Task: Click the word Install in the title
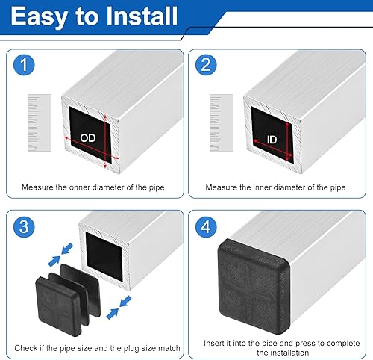click(x=142, y=16)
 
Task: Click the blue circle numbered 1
click(x=24, y=65)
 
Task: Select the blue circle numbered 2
click(x=206, y=65)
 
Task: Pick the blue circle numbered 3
click(x=24, y=227)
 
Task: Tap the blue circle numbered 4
click(x=206, y=227)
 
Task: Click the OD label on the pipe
click(x=88, y=138)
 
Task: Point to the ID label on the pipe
click(x=272, y=140)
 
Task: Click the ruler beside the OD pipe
click(x=40, y=122)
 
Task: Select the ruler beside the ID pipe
click(x=222, y=122)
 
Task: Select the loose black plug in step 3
click(x=67, y=299)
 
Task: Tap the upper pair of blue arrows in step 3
click(x=60, y=255)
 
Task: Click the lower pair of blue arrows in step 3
click(x=119, y=308)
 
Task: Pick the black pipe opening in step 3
click(x=104, y=256)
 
